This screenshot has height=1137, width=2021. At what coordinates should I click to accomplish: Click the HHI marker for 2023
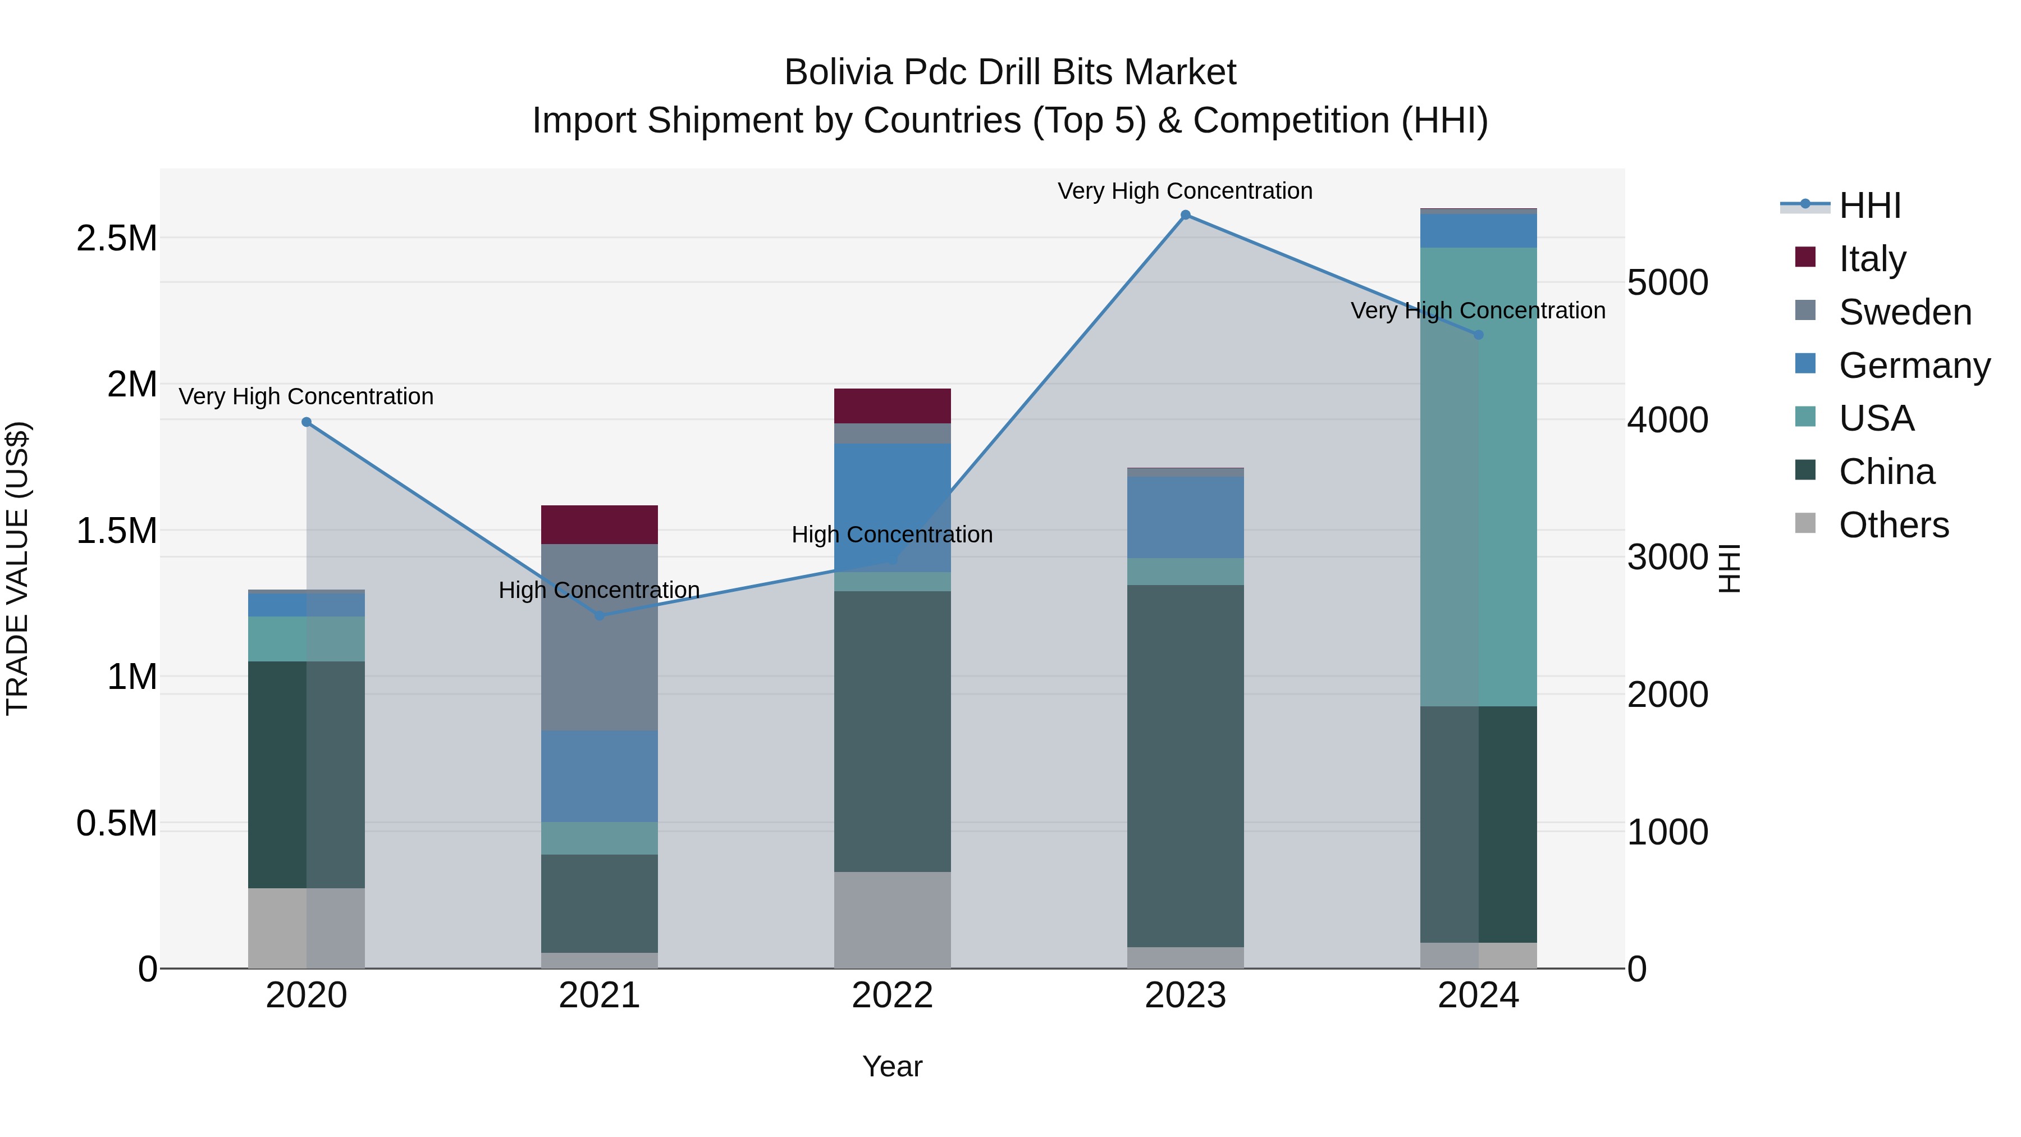pos(1186,215)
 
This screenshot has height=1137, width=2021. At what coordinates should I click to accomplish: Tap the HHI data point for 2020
pos(307,422)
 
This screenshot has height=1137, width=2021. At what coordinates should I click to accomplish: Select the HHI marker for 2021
pos(600,616)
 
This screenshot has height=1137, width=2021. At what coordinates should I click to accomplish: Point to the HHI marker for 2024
pos(1478,335)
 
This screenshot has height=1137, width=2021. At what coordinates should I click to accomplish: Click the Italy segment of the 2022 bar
pos(892,406)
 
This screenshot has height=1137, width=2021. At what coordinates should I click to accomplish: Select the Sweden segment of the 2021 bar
pos(600,637)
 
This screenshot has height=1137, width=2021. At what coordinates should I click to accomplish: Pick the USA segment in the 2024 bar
pos(1478,477)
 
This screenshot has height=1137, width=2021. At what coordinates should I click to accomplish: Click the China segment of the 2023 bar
pos(1186,766)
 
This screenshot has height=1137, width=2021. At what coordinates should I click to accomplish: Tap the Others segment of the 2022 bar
pos(892,920)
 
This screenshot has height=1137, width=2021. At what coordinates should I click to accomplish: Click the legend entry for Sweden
pos(1904,312)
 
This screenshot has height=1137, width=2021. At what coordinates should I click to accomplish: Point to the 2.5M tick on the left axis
pos(117,239)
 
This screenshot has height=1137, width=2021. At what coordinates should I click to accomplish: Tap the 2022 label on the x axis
pos(892,996)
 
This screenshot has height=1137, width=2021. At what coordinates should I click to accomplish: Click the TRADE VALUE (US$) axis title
pos(17,568)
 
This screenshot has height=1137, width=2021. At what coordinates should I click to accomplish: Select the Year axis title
pos(892,1066)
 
